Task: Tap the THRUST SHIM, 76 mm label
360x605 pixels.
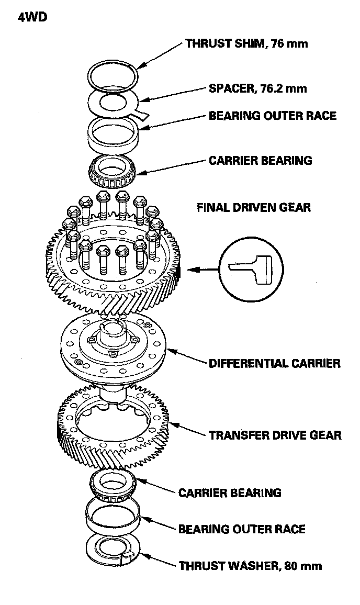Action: pos(246,43)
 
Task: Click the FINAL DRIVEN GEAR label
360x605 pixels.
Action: pos(253,207)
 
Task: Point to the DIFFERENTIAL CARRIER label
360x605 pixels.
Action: pos(275,363)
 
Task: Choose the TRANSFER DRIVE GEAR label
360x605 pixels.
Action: pos(275,435)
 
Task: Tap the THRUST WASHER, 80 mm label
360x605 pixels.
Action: pos(250,565)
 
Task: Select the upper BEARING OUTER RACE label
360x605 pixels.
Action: pos(272,115)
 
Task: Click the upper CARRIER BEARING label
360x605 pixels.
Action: pos(260,160)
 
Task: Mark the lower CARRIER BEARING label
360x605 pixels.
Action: pos(230,492)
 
